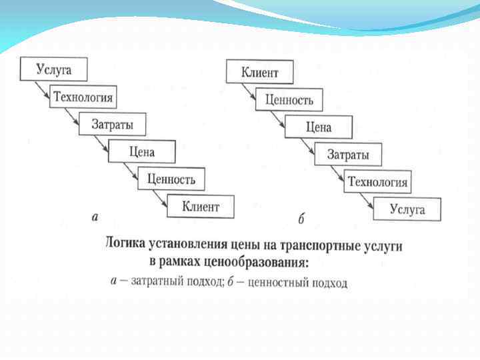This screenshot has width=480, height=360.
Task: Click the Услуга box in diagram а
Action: (x=54, y=70)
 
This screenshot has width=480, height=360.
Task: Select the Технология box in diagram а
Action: (x=83, y=97)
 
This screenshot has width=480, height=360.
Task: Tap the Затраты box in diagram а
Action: (x=112, y=125)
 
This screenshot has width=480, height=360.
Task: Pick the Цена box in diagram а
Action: (x=142, y=152)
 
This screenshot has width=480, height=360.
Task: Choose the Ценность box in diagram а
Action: (x=171, y=179)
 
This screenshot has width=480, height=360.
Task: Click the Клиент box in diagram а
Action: (x=201, y=207)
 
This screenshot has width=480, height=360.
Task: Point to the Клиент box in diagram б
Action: (x=260, y=73)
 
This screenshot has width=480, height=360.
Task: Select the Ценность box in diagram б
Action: (x=289, y=100)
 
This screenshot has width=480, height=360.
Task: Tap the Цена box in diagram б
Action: (x=319, y=127)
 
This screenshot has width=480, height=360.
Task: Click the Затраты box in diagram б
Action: (x=348, y=155)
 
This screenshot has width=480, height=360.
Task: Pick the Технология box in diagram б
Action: (x=378, y=181)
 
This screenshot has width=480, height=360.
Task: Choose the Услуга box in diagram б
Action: (x=407, y=209)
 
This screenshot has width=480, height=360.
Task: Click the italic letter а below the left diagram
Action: (x=95, y=217)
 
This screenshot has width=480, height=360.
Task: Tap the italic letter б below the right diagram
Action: (x=301, y=219)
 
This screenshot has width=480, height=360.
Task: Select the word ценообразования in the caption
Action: (x=266, y=261)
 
